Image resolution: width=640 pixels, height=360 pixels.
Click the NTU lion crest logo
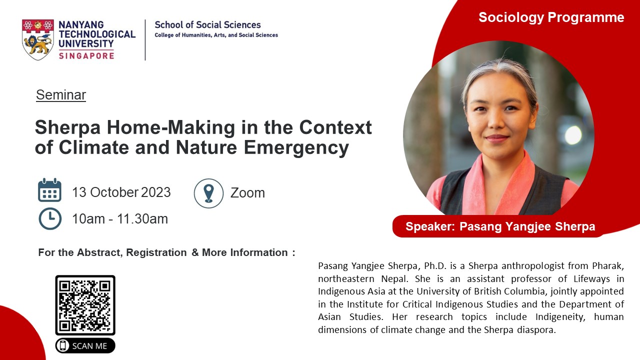pyautogui.click(x=37, y=39)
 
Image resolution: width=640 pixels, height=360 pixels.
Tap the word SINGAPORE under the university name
pyautogui.click(x=86, y=55)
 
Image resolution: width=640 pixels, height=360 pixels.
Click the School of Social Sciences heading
pyautogui.click(x=207, y=25)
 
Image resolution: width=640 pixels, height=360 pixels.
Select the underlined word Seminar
pyautogui.click(x=61, y=95)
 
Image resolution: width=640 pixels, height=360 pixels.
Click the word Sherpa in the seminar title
pyautogui.click(x=67, y=127)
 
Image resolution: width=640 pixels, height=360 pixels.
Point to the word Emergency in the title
pyautogui.click(x=296, y=148)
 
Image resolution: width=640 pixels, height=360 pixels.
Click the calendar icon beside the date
pyautogui.click(x=49, y=190)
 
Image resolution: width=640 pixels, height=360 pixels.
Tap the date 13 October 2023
pyautogui.click(x=121, y=192)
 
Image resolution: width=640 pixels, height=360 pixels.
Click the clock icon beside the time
pyautogui.click(x=50, y=219)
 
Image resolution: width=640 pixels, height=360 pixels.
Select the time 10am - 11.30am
pyautogui.click(x=120, y=219)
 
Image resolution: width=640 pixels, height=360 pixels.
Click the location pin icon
pyautogui.click(x=208, y=193)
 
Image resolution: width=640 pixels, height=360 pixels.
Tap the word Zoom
pyautogui.click(x=247, y=193)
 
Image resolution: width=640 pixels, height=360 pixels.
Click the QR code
pyautogui.click(x=85, y=305)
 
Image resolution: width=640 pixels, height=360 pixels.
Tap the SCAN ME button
pyautogui.click(x=85, y=345)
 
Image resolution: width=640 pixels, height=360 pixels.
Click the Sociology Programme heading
pyautogui.click(x=551, y=17)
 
